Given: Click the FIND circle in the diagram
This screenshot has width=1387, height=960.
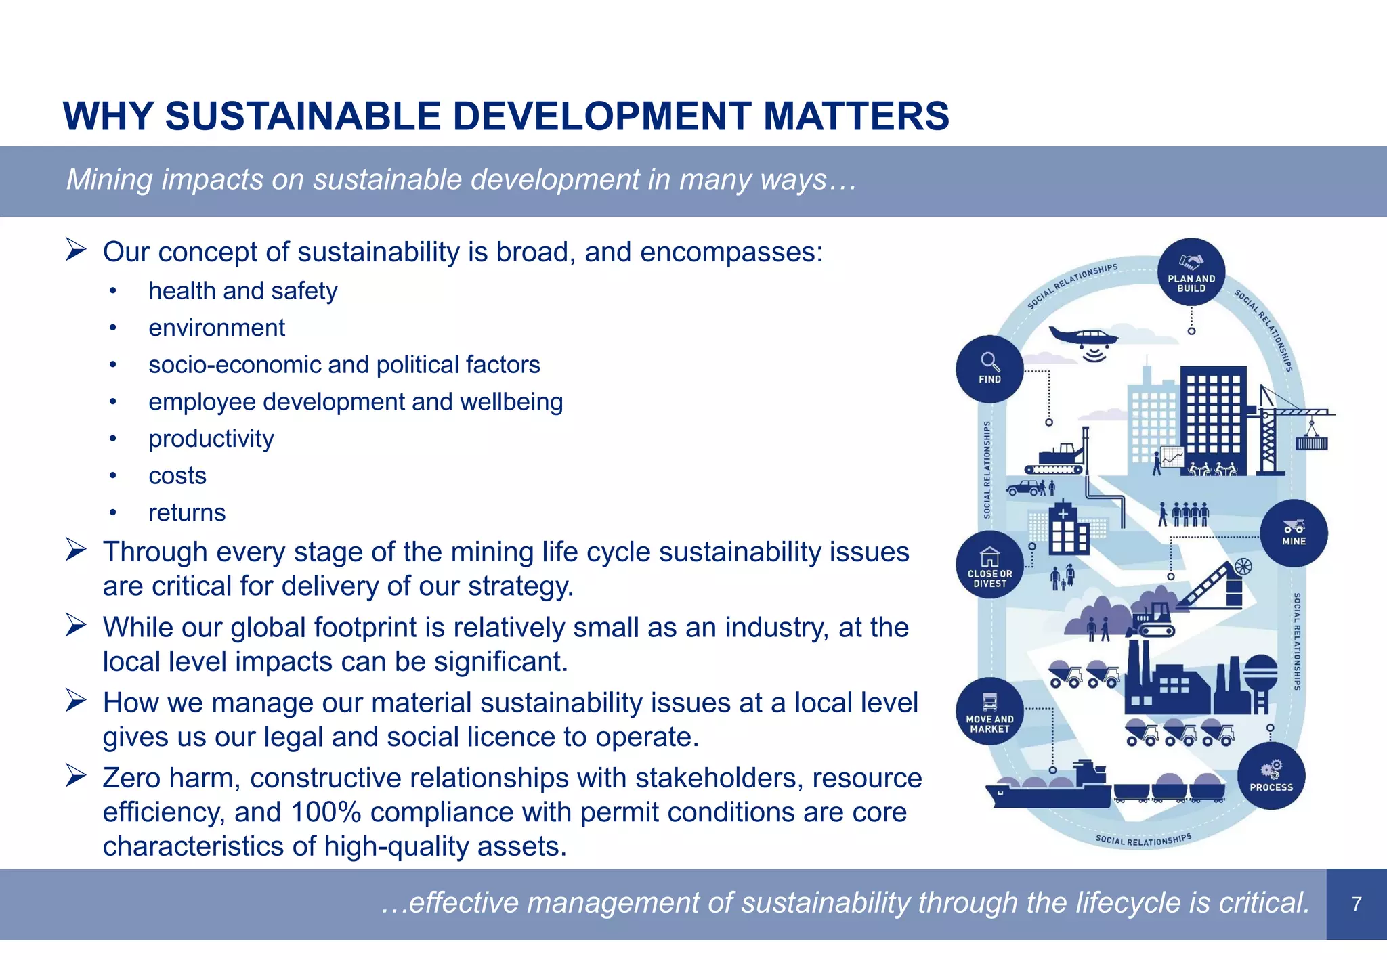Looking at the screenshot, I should click(x=989, y=369).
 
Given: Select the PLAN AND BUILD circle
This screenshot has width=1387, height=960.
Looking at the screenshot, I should click(x=1191, y=271).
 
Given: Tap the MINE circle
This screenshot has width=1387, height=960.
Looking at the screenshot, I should click(x=1294, y=533).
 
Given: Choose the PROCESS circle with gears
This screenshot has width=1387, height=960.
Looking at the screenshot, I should click(x=1271, y=776).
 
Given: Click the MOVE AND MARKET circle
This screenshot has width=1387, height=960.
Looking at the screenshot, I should click(x=989, y=712).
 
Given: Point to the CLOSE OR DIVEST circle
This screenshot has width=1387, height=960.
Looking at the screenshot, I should click(x=989, y=565).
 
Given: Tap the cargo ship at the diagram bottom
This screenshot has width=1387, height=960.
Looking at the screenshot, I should click(x=1050, y=789).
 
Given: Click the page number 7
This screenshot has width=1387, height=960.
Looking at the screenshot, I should click(x=1356, y=904).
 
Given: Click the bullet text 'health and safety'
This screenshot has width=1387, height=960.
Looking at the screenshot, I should click(x=242, y=291).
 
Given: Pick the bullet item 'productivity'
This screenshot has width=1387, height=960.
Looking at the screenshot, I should click(x=211, y=439).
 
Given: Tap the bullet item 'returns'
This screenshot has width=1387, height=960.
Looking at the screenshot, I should click(x=187, y=513).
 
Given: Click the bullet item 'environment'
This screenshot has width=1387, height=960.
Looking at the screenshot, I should click(x=217, y=328).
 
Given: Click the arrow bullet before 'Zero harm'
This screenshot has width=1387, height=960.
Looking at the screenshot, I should click(x=76, y=776).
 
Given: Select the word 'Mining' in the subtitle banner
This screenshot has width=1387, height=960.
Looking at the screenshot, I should click(x=110, y=180).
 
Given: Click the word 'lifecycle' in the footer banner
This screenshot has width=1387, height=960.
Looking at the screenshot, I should click(x=1129, y=903).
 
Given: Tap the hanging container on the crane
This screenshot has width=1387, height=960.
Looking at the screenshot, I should click(x=1312, y=443).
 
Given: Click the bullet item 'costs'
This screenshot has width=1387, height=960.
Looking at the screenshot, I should click(x=177, y=476).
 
